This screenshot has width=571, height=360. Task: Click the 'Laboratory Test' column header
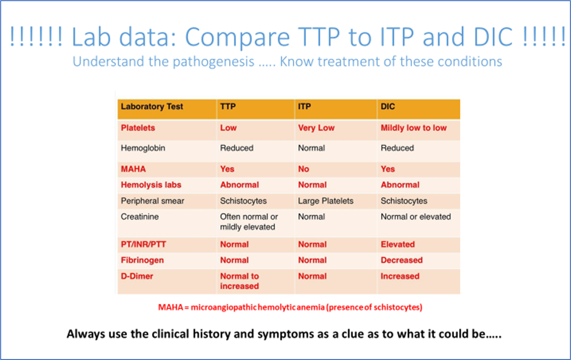(x=152, y=107)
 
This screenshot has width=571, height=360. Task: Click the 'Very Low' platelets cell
(x=316, y=128)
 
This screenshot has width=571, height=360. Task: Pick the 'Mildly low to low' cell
(x=414, y=128)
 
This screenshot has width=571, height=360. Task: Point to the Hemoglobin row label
(x=143, y=148)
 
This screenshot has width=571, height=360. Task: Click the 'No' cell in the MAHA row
(x=303, y=169)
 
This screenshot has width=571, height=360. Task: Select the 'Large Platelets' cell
(x=326, y=201)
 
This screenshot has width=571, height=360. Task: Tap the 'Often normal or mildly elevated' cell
(x=249, y=222)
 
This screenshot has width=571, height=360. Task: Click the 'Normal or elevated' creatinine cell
(x=416, y=217)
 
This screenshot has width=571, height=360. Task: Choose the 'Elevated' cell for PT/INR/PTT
(x=397, y=245)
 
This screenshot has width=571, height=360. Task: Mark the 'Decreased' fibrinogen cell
(x=402, y=260)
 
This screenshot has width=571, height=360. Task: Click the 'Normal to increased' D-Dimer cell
(x=239, y=281)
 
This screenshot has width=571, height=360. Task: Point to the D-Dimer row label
(x=137, y=276)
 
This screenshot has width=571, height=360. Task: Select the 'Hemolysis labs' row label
(x=151, y=185)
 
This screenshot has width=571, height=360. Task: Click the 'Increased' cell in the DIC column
(x=400, y=276)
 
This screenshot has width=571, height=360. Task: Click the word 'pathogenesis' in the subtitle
(x=214, y=62)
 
